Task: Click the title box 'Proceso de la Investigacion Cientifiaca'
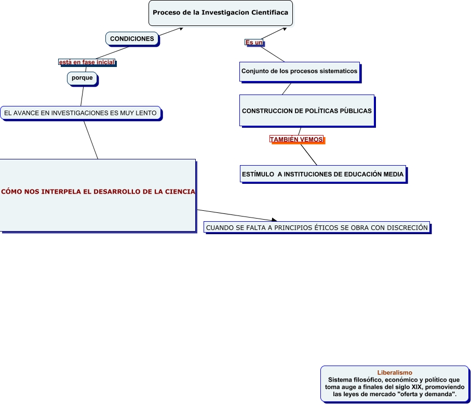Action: (221, 13)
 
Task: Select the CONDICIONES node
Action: (132, 39)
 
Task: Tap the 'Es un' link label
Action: (254, 43)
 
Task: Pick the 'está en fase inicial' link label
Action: (86, 62)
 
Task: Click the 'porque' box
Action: (82, 78)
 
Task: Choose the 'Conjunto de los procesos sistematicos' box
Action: (299, 72)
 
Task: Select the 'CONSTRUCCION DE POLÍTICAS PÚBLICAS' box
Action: (306, 111)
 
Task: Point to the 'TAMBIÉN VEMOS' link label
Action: (296, 140)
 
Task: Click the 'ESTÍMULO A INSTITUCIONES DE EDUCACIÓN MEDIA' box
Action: (322, 174)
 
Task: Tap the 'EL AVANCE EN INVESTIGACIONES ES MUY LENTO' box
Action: (80, 113)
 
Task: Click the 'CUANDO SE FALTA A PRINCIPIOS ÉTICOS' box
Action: (317, 227)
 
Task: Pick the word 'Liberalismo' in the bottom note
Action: (395, 372)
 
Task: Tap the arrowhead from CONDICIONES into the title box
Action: (181, 29)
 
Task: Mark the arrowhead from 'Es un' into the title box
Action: (284, 29)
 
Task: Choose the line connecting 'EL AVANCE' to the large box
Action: (91, 140)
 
